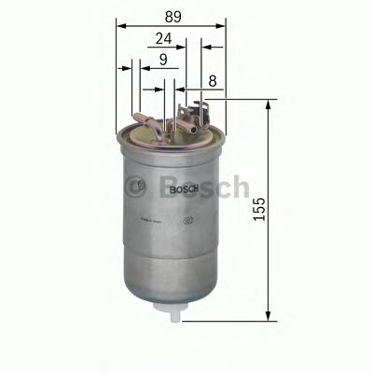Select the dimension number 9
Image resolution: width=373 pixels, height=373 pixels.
(163, 62)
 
